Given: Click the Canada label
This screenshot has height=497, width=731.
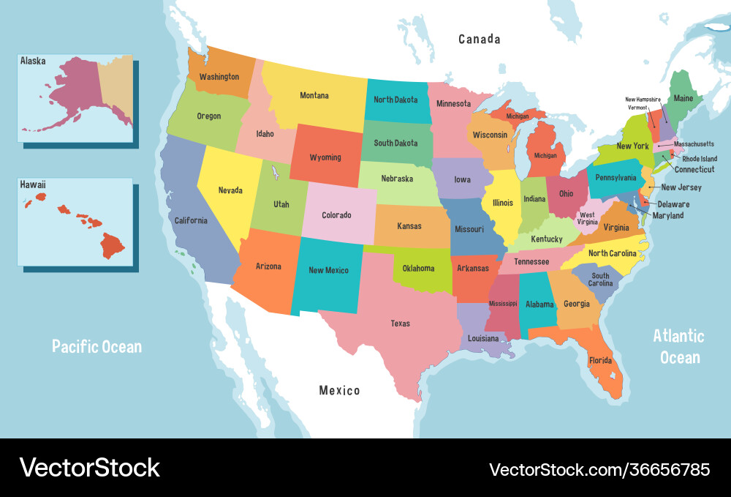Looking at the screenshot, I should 480,39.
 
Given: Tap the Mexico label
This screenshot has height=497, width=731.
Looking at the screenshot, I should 339,390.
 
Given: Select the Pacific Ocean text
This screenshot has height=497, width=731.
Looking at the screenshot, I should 96,346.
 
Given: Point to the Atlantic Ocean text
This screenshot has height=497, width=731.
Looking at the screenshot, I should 679,346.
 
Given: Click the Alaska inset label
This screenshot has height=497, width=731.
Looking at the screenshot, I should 33,61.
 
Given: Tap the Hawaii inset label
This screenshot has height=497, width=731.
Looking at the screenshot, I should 33,185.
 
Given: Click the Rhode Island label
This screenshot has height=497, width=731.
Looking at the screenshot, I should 700,158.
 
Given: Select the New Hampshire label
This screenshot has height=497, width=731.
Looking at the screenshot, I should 643,99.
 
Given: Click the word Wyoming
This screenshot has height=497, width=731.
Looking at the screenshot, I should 325,157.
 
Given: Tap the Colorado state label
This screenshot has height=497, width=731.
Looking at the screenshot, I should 336,215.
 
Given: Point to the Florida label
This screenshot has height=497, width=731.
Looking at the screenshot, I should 600,360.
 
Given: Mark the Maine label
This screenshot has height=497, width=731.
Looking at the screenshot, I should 683,98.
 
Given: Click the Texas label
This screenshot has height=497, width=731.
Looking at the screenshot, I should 400,324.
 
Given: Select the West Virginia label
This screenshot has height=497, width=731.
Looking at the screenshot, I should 588,218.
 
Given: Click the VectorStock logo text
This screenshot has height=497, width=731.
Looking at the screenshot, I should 89,468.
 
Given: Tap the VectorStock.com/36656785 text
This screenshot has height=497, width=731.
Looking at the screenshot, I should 599,469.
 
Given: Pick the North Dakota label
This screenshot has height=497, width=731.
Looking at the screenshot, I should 395,100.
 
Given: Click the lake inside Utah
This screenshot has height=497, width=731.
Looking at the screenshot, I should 276,173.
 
